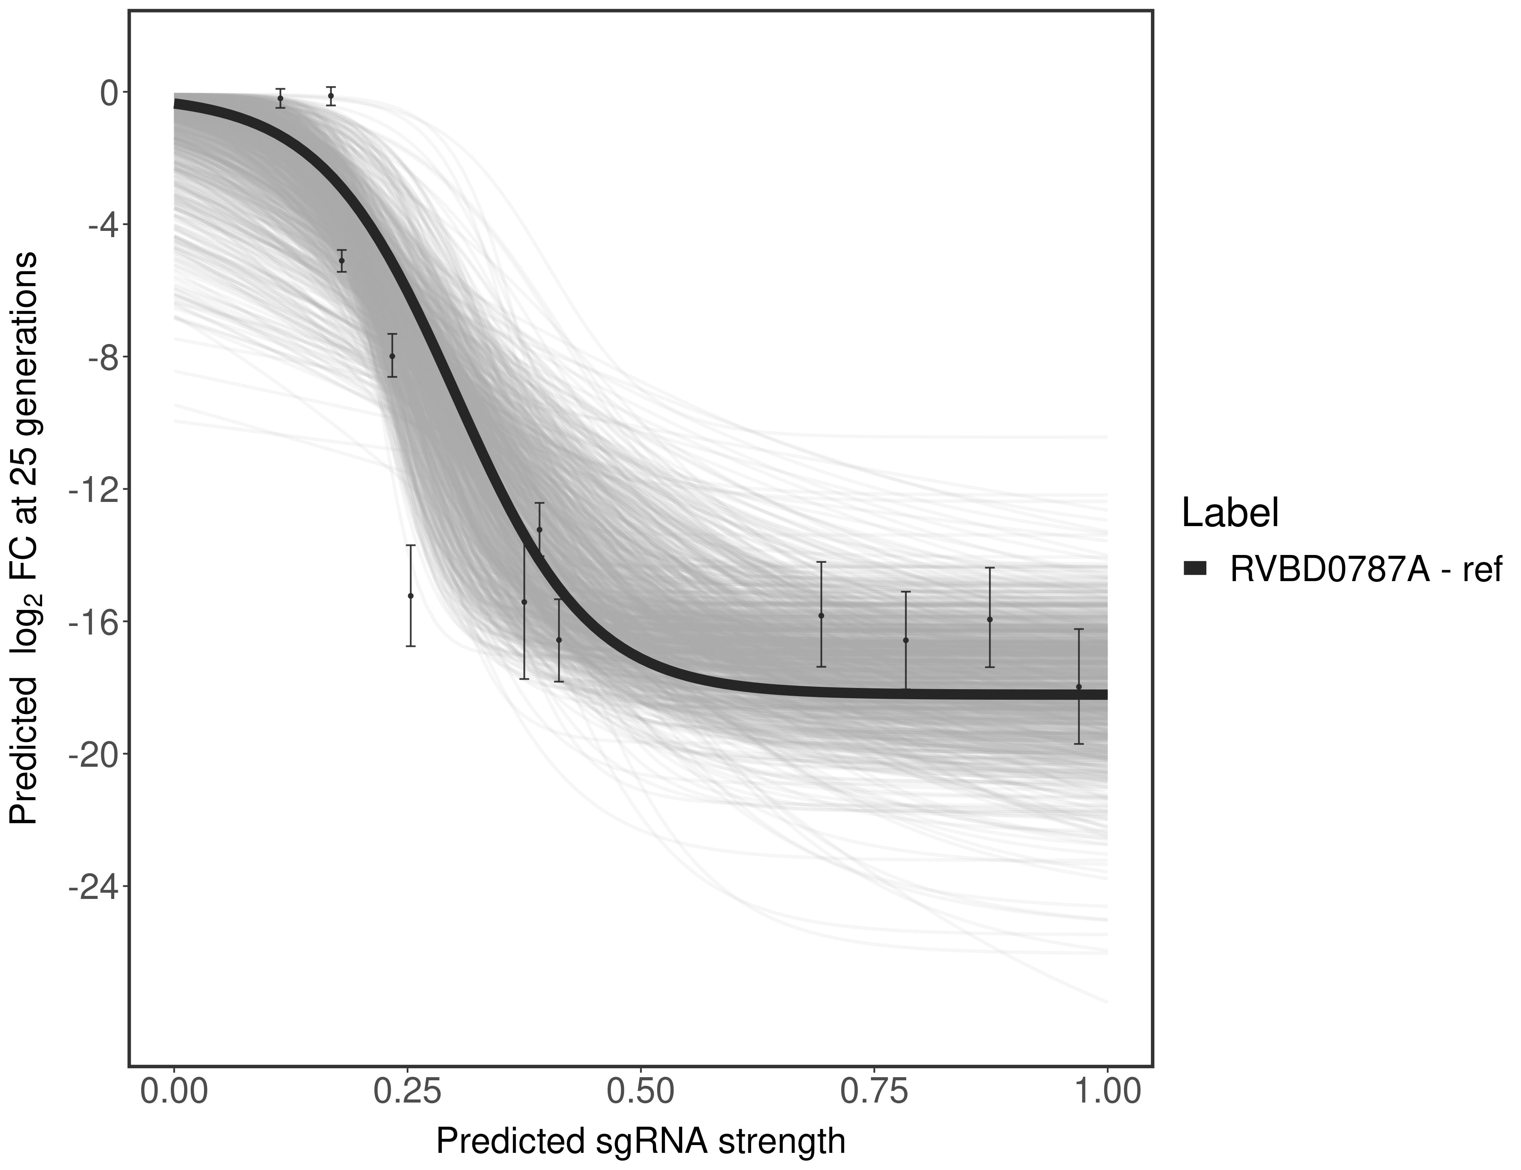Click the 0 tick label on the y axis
click(109, 93)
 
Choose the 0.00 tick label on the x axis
click(174, 1093)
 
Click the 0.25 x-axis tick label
click(408, 1093)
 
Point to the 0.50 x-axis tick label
click(641, 1093)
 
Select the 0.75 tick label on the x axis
click(874, 1093)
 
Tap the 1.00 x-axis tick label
click(1107, 1093)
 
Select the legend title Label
click(1230, 513)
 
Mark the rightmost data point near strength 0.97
click(1079, 687)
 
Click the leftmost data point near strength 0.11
click(280, 98)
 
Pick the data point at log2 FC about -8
click(392, 356)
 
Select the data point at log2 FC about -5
click(341, 261)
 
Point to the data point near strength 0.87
click(990, 619)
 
